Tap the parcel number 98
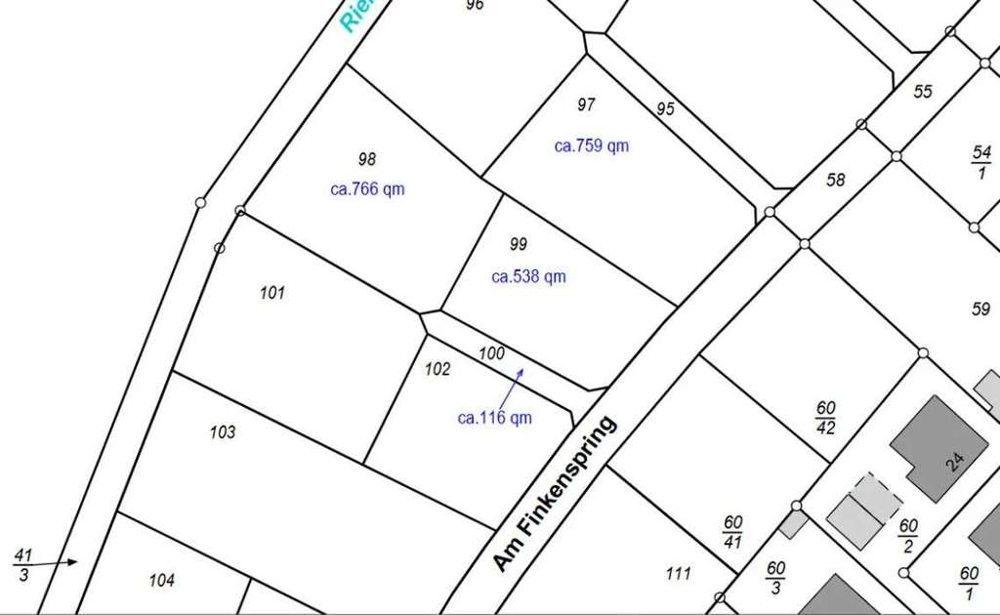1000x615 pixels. click(367, 159)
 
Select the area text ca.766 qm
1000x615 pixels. click(367, 189)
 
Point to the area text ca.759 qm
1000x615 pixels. click(592, 146)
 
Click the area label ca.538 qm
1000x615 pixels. click(528, 276)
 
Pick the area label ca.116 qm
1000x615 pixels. click(495, 418)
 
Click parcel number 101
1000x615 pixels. click(272, 292)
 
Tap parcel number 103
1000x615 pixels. click(223, 431)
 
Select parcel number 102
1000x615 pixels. click(438, 369)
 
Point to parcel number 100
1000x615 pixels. click(491, 353)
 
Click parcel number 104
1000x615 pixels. click(162, 580)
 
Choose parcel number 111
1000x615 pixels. click(678, 573)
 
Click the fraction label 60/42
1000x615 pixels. click(826, 417)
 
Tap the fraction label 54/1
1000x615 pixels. click(981, 162)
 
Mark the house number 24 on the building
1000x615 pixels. click(955, 462)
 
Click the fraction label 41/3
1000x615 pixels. click(23, 564)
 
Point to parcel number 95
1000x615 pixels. click(665, 108)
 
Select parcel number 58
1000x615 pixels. click(835, 180)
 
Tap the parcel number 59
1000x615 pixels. click(980, 309)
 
